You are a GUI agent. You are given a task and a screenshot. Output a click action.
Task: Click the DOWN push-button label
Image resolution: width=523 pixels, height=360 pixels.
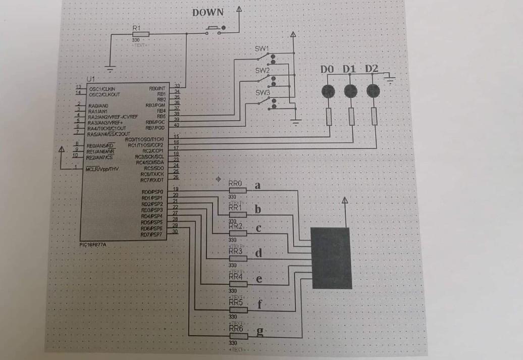(207, 13)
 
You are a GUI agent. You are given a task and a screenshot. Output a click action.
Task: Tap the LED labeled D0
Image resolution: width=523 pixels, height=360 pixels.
(328, 91)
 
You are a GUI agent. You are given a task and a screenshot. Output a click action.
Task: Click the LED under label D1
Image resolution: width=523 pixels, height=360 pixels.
(350, 91)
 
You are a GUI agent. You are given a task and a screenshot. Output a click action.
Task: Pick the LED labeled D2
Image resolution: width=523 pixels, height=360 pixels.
(373, 91)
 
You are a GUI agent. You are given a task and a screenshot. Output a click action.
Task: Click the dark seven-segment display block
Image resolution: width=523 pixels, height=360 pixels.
(331, 258)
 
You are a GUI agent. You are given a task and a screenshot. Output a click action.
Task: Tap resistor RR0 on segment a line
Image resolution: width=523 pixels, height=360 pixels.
(237, 190)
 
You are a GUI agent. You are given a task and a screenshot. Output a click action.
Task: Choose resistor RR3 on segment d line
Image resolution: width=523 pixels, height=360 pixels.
(237, 258)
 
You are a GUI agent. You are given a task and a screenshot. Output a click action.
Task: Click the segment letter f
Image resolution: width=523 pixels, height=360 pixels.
(259, 304)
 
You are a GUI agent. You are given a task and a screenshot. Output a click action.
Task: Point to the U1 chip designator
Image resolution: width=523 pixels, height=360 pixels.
(90, 80)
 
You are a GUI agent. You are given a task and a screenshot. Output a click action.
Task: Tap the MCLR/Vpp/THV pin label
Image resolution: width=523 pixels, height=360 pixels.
(103, 169)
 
